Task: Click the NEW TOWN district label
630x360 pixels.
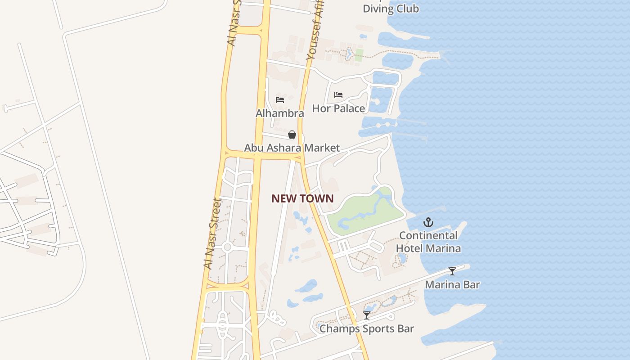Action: (302, 198)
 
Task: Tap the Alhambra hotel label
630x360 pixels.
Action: (279, 113)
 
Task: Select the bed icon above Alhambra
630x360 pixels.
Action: (280, 100)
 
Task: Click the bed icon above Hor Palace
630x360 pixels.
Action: (338, 95)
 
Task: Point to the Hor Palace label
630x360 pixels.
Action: (338, 108)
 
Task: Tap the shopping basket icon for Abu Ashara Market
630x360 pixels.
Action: (292, 135)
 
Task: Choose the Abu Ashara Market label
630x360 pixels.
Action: (292, 148)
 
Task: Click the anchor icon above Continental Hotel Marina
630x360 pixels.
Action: (428, 222)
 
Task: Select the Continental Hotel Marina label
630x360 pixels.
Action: (428, 242)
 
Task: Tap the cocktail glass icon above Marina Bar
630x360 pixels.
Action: (452, 271)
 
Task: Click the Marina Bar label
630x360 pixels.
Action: (452, 284)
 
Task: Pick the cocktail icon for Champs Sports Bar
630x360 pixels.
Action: (367, 315)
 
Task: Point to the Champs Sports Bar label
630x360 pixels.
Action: (366, 328)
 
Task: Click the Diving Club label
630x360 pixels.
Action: (391, 9)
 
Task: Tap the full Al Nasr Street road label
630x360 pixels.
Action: (212, 234)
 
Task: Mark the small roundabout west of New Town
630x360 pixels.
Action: (227, 247)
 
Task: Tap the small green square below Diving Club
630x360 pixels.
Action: (359, 55)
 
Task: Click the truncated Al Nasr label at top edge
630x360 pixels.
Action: (234, 22)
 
